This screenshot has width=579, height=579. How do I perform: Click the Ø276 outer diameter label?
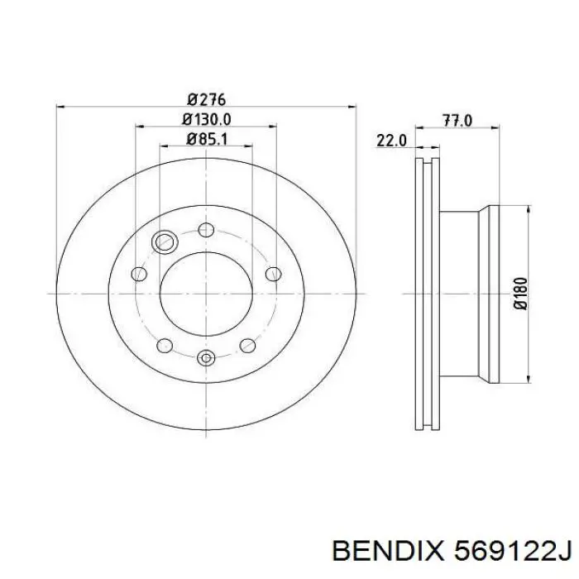click(206, 99)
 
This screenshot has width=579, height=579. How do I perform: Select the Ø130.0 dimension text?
click(206, 119)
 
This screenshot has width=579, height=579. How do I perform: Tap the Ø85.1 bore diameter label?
click(206, 140)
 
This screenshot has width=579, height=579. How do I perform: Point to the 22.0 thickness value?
click(391, 141)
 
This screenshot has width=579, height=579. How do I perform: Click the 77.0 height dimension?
click(457, 121)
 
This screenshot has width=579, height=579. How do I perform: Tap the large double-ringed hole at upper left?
click(165, 242)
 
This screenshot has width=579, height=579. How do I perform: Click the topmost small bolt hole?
click(206, 228)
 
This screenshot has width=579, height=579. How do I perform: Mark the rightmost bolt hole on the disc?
click(270, 274)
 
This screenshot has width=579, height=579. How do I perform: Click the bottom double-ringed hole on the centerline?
click(206, 358)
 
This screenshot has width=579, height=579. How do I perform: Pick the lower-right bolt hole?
click(246, 345)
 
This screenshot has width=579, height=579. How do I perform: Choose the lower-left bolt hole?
click(165, 345)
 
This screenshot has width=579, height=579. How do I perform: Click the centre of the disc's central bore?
click(206, 294)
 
